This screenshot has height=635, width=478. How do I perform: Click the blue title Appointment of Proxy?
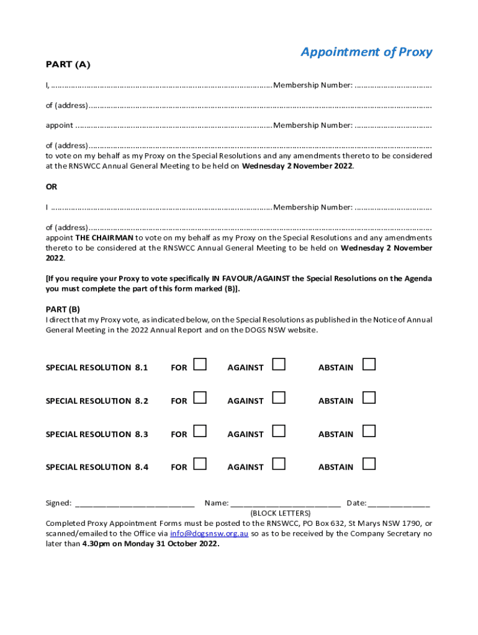[366, 52]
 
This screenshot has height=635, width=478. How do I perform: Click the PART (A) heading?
[68, 64]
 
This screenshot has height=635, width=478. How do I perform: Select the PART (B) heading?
[63, 309]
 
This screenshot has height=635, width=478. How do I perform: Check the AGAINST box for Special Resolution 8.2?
[279, 397]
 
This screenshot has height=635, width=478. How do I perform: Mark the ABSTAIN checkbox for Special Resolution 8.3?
[369, 431]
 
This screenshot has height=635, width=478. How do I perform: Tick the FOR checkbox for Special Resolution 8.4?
[200, 464]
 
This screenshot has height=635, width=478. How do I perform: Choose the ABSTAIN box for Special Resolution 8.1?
[369, 365]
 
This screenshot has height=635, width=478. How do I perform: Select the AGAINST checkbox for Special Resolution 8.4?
[279, 464]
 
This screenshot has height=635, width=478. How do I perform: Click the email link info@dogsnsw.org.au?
[209, 533]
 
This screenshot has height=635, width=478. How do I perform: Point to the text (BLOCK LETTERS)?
[280, 513]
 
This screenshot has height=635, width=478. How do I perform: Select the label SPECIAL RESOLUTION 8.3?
[97, 435]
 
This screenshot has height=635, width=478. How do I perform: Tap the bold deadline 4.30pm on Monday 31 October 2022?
[151, 544]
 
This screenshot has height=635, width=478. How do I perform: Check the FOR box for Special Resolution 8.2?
[200, 397]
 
